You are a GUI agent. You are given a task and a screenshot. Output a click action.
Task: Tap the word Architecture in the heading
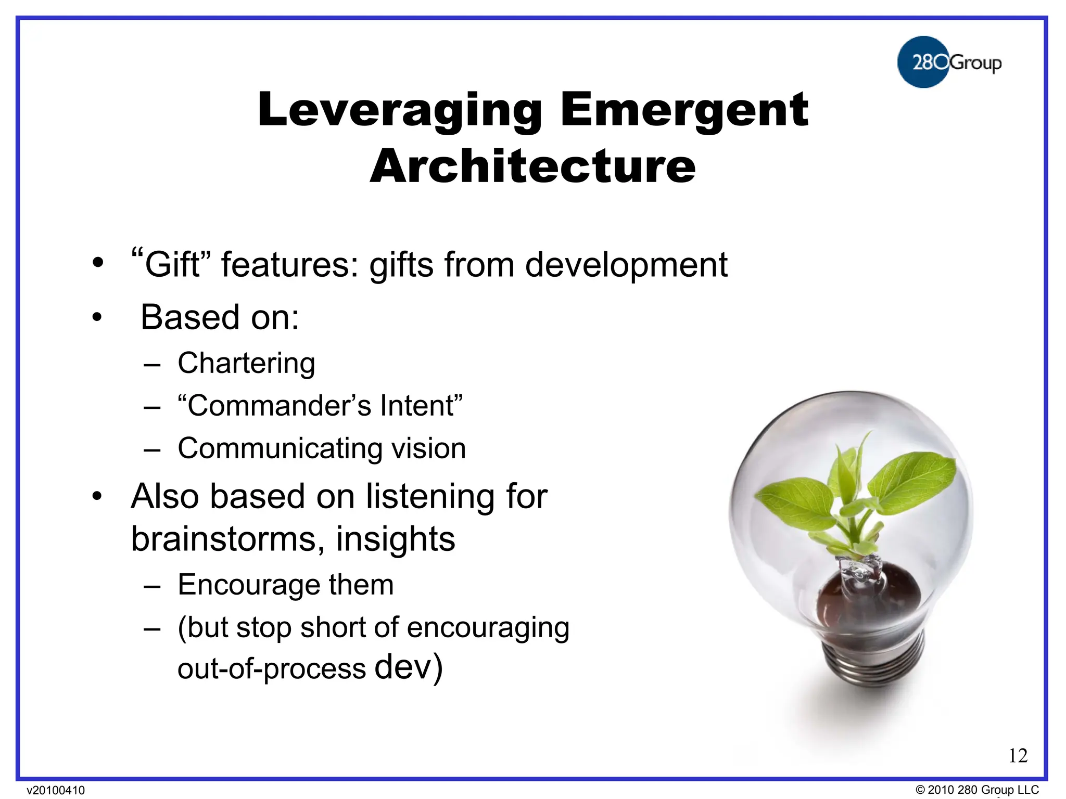tap(532, 166)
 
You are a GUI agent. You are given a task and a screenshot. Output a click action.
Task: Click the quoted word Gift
tap(172, 264)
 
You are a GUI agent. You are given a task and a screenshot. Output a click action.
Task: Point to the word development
tap(626, 264)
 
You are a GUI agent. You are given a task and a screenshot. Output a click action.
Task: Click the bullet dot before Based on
tap(97, 317)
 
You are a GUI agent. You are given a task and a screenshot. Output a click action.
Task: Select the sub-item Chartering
tap(246, 363)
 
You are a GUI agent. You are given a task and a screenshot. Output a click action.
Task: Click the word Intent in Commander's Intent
tap(417, 405)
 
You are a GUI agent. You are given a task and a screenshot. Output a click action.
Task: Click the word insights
tap(396, 538)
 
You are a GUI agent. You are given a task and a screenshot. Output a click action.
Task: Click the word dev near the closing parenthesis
tap(403, 667)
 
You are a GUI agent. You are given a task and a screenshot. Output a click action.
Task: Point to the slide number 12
tap(1018, 755)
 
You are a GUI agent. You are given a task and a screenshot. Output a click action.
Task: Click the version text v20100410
tap(56, 790)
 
